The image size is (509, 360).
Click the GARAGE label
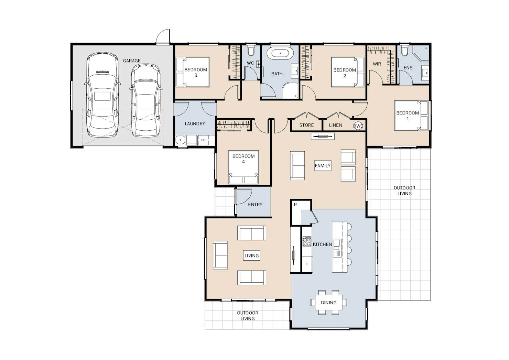point(132,61)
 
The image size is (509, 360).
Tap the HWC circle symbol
point(358,126)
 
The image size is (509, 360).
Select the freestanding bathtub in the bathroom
point(280,53)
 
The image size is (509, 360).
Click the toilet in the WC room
point(251,50)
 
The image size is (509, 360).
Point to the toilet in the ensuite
point(404,50)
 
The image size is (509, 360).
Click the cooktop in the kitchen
point(307,241)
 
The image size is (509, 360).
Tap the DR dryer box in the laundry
point(203,140)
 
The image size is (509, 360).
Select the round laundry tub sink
point(181,140)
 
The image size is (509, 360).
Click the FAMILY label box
point(323,166)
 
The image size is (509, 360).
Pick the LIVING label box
point(251,255)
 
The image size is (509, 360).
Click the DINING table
point(328,302)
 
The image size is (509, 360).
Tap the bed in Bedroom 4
point(243,167)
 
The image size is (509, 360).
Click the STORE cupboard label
point(306,125)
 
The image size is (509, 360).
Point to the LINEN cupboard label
point(335,125)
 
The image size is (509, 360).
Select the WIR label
point(377,64)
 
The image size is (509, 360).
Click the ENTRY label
point(255,205)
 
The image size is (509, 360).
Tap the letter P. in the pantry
point(296,205)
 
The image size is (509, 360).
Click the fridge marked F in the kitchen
point(307,264)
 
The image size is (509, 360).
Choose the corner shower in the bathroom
point(290,90)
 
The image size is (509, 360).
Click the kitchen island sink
point(337,248)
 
